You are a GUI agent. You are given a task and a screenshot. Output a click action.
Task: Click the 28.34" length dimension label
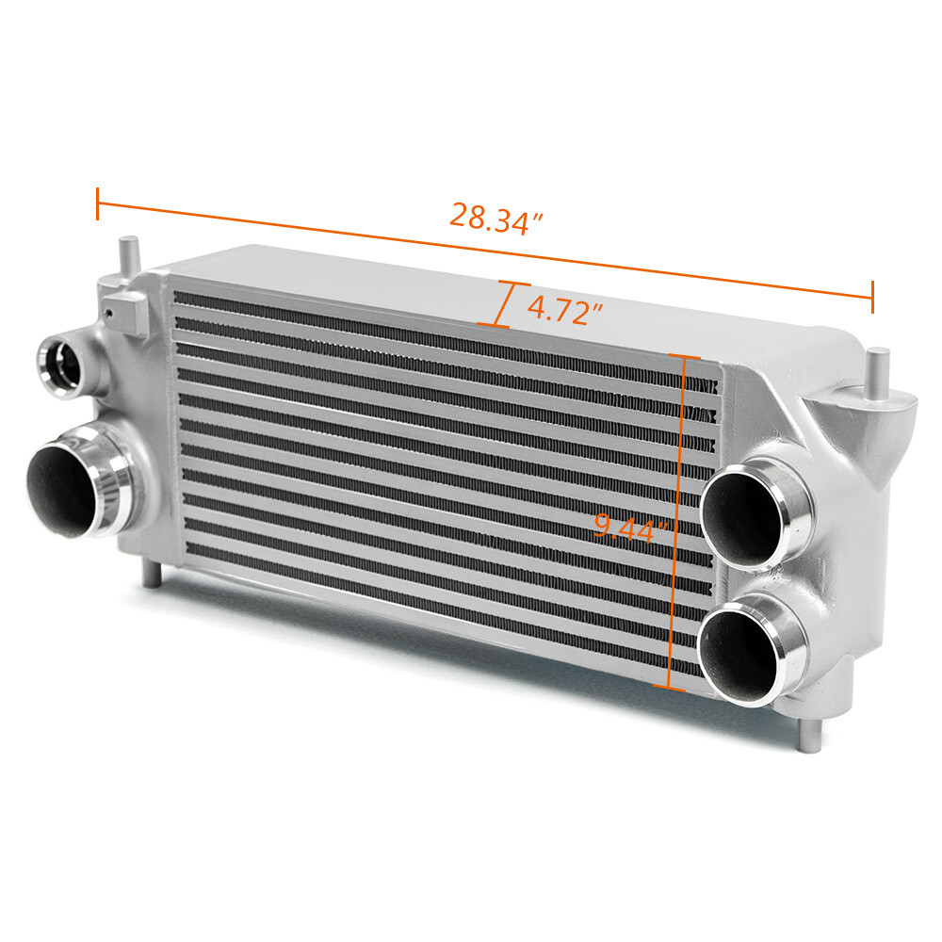(496, 219)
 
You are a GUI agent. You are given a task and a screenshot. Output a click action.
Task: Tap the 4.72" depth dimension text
(564, 310)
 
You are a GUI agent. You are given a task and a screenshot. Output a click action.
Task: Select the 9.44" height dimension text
(629, 529)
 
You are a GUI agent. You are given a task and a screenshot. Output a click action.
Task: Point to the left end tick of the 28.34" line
(98, 203)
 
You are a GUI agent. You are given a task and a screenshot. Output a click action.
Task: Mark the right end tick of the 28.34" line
(872, 297)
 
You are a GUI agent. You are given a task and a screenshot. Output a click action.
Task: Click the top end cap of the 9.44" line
(683, 358)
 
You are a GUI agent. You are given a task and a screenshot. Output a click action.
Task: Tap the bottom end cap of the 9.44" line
(670, 689)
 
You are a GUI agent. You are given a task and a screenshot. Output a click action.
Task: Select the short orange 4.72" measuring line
(504, 304)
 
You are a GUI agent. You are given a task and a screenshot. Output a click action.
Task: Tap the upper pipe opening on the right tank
(743, 515)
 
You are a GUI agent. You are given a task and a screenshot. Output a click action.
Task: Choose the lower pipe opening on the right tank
(741, 653)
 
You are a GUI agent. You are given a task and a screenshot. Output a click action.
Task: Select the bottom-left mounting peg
(149, 572)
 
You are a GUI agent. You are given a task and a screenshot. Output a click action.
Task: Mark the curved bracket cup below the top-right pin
(890, 414)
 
